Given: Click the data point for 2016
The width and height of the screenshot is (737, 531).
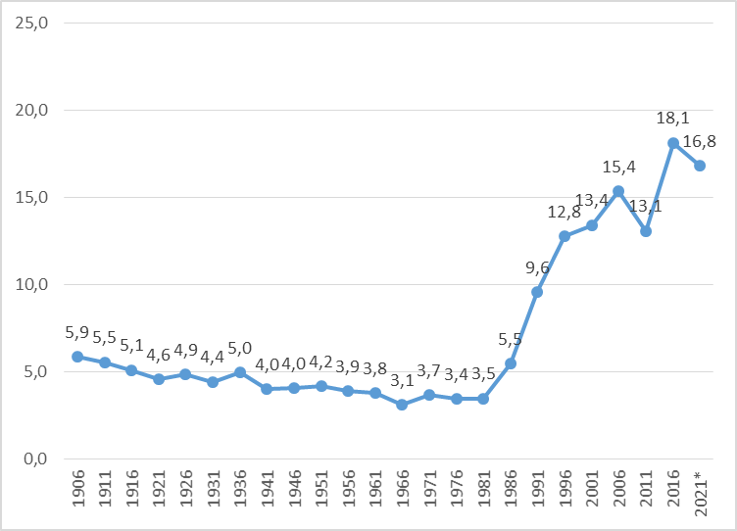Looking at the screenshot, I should tap(673, 143).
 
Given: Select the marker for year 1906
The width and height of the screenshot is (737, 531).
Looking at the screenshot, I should tap(76, 357).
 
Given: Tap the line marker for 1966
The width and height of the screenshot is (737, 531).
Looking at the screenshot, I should tap(402, 405).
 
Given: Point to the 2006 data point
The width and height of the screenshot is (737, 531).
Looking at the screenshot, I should tap(618, 190).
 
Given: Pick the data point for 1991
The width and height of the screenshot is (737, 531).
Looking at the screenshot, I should tap(537, 292).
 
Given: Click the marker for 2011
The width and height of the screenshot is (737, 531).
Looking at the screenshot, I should tap(646, 231).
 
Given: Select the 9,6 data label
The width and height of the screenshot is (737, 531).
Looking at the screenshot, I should tap(536, 266).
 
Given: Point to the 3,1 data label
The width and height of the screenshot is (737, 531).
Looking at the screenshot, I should tap(402, 380).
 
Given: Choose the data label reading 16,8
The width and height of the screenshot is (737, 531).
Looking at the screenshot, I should tap(699, 141).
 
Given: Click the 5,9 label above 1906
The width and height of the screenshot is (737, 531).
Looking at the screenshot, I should tap(76, 332).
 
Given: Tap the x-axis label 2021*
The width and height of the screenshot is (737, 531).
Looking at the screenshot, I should tap(700, 495).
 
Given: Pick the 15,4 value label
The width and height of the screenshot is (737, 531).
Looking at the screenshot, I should tap(617, 167).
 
